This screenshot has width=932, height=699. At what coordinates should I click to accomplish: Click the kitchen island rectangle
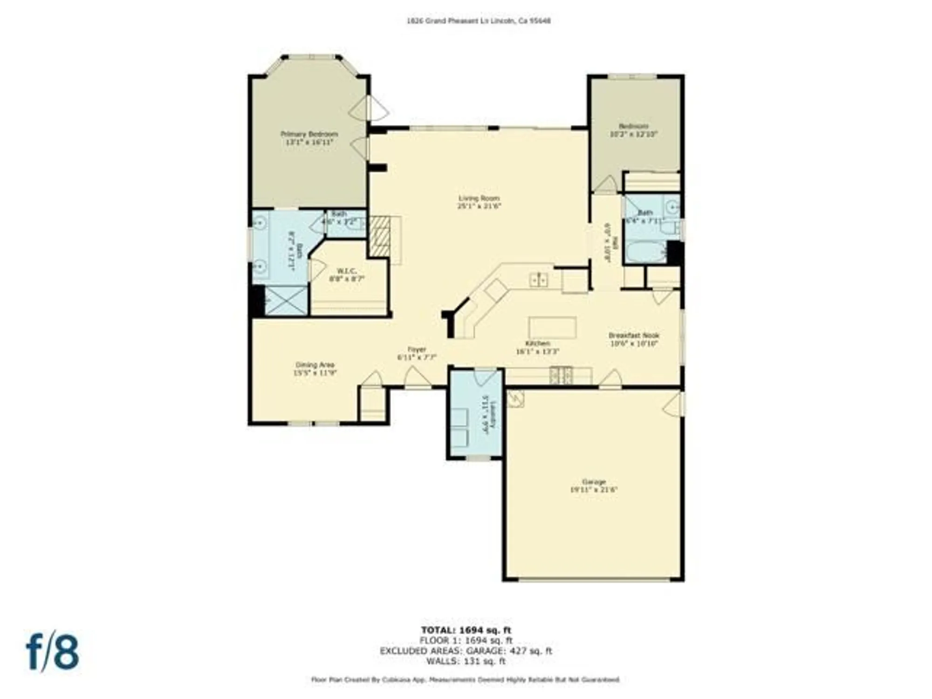click(x=552, y=328)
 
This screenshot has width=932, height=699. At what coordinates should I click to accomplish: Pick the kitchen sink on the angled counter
click(x=539, y=280)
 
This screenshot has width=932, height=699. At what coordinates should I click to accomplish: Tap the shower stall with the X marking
click(x=286, y=301)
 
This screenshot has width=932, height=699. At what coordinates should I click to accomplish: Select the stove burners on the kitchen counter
click(x=562, y=376)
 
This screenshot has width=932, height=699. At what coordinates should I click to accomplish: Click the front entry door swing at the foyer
click(x=417, y=377)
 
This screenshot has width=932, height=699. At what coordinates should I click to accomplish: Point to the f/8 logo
click(x=52, y=651)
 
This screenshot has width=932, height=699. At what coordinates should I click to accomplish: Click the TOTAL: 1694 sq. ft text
click(x=466, y=630)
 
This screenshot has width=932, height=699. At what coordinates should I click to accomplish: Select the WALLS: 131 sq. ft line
click(x=466, y=661)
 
